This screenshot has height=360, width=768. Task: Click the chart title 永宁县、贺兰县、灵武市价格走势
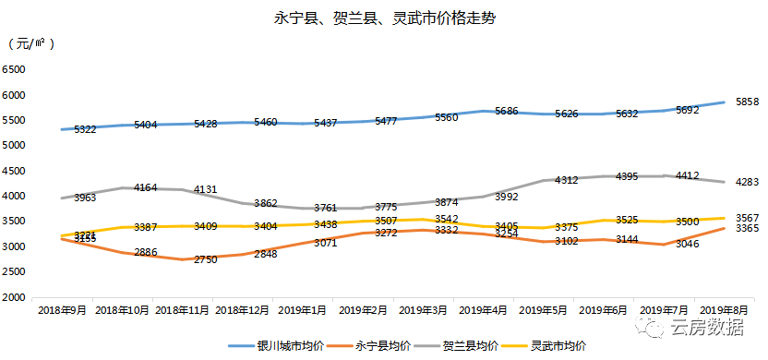(385, 18)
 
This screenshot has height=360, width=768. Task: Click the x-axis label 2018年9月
(63, 311)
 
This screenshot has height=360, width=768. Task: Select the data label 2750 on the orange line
(206, 260)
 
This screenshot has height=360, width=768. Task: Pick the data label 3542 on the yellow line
(446, 219)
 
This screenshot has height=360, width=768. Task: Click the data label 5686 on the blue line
(507, 111)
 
